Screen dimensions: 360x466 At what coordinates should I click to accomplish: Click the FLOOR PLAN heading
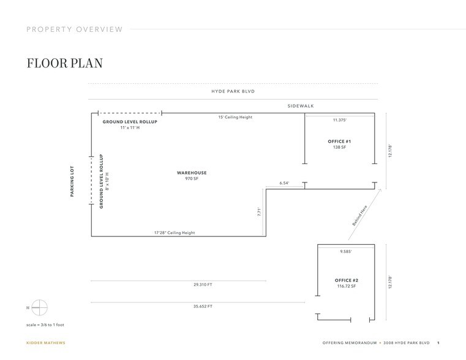pos(64,64)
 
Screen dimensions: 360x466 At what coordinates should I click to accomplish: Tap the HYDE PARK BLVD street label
pos(233,91)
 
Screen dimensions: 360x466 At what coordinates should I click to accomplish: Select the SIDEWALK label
pos(301,106)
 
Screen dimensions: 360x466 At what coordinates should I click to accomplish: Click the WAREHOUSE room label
pos(192,173)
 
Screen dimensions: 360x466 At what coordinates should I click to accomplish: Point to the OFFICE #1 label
pos(339,141)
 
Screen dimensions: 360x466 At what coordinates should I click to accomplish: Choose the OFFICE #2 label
pos(346,280)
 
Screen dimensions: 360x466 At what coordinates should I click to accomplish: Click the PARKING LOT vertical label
pos(72,181)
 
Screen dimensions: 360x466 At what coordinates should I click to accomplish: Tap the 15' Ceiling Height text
pos(235,117)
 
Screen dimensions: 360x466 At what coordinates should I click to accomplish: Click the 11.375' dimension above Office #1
pos(340,120)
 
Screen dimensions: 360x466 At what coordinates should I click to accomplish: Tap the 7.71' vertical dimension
pos(260,212)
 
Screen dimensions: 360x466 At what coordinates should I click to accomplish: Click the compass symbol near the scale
pos(39,307)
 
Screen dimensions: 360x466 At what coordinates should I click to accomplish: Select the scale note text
pos(45,324)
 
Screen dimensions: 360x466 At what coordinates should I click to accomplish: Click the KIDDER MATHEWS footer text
pos(45,343)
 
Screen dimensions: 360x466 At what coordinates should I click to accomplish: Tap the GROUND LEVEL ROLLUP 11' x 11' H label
pos(130,124)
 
